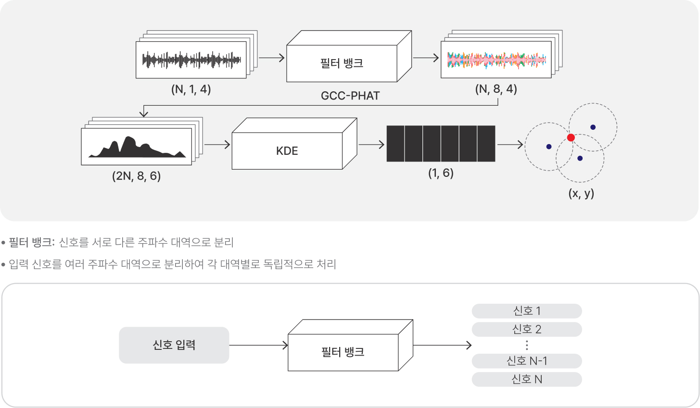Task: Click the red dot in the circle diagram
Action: coord(571,137)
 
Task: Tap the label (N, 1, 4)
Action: coord(191,89)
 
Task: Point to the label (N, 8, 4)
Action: coord(496,89)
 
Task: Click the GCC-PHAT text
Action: coord(350,96)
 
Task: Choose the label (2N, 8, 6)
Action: coord(136,176)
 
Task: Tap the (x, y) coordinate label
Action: coord(581,193)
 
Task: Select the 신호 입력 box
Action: coord(174,345)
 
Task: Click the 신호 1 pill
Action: coord(526,311)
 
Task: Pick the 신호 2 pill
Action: coord(526,329)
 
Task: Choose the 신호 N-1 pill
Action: coord(526,361)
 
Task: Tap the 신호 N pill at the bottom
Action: coord(526,379)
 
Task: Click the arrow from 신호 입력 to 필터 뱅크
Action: coord(258,345)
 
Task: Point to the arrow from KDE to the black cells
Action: coord(371,145)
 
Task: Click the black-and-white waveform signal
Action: coord(191,60)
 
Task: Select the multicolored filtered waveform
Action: coord(496,60)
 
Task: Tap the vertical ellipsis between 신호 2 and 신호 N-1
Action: coord(527,345)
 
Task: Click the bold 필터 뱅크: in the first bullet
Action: coord(32,242)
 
